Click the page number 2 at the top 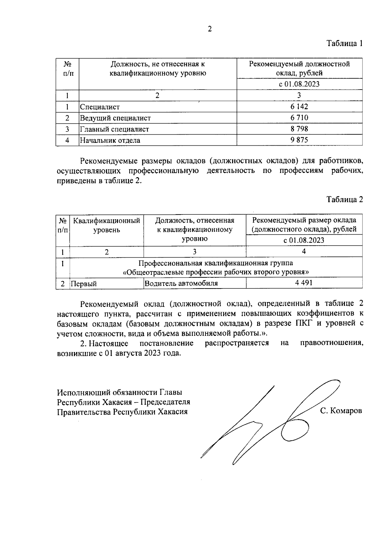[x=210, y=29]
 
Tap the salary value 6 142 [x=299, y=106]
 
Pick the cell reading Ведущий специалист [x=115, y=118]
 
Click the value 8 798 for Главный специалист [x=299, y=129]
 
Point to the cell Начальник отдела [x=110, y=141]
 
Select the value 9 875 [x=299, y=140]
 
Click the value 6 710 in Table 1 [x=299, y=117]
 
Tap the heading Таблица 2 [x=344, y=199]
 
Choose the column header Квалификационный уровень [x=107, y=225]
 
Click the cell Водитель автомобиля [x=181, y=283]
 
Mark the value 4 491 [x=304, y=283]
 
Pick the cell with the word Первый [x=84, y=284]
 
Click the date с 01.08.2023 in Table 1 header [x=299, y=84]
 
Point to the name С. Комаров [x=341, y=411]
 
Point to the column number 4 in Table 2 [x=304, y=251]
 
